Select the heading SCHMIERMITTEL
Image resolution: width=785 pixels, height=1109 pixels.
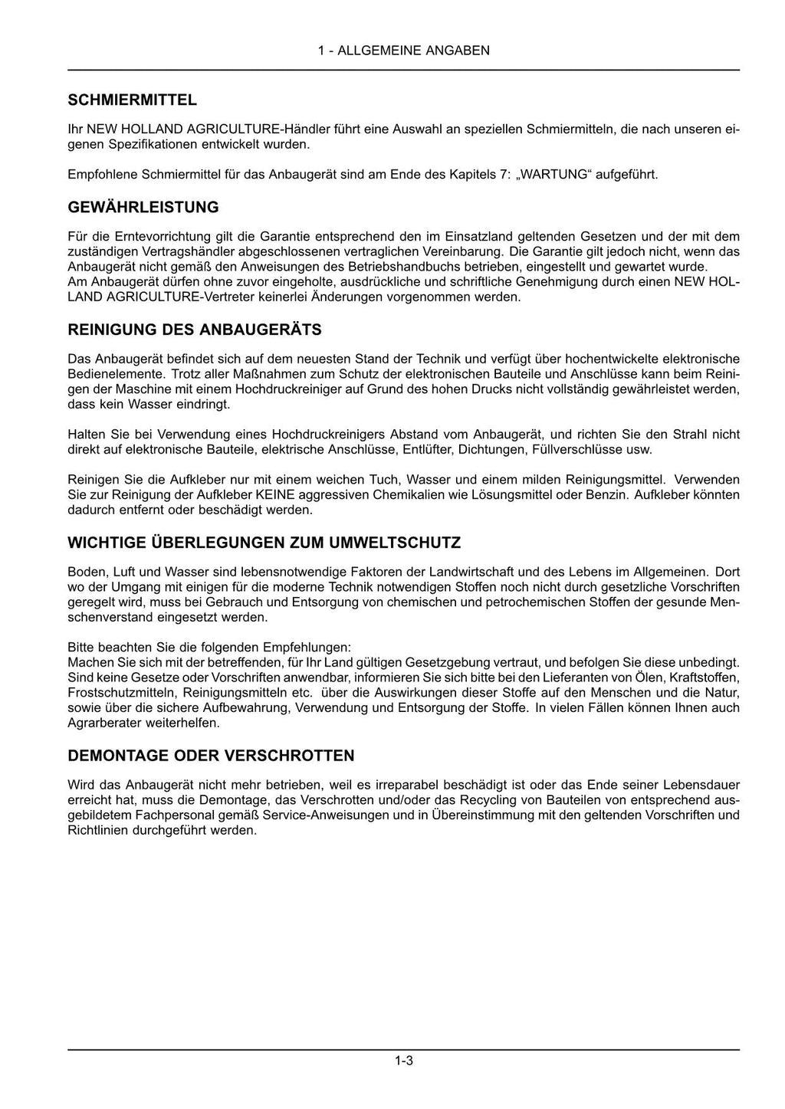coord(132,100)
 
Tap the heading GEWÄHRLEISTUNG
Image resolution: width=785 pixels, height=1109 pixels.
coord(143,207)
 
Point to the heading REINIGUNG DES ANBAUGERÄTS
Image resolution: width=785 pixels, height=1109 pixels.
coord(195,330)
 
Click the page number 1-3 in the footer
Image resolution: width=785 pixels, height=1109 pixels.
coord(404,1061)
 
